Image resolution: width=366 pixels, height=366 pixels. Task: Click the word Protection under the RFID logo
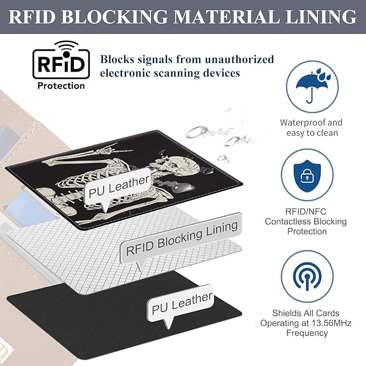tap(61, 86)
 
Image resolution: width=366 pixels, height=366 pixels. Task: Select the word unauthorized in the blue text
tap(239, 59)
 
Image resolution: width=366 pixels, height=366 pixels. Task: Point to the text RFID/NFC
tap(306, 211)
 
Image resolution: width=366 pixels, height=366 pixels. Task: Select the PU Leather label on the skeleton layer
tap(118, 186)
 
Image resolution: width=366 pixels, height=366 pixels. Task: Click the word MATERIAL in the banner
tap(226, 17)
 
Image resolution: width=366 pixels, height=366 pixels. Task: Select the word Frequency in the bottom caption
tap(307, 333)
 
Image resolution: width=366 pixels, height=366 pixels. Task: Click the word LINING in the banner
tap(321, 17)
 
